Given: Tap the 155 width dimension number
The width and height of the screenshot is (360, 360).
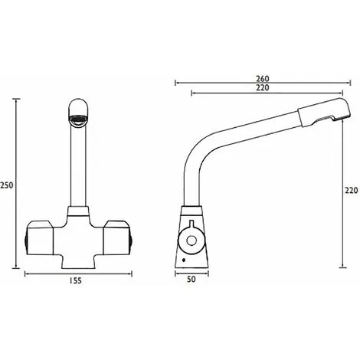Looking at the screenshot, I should point(74,281).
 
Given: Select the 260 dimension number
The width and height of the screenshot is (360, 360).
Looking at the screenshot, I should point(262,79).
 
